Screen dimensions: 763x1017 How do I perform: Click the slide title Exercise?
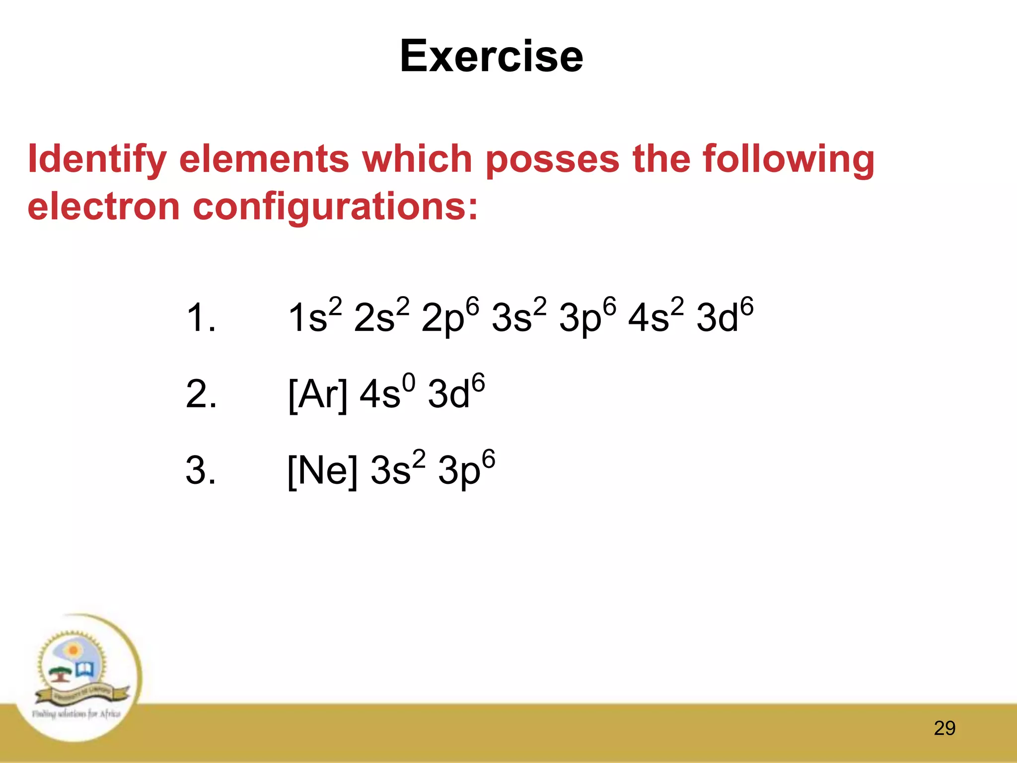pos(491,56)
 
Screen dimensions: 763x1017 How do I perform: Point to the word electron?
pos(103,207)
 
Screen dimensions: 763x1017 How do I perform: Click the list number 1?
pos(201,318)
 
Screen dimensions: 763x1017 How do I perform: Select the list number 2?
pos(201,394)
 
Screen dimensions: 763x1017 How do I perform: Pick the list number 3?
pos(201,470)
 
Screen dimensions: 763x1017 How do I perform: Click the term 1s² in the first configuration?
pos(315,316)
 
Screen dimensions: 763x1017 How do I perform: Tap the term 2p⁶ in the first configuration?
pos(450,317)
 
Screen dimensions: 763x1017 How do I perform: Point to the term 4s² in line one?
pos(656,316)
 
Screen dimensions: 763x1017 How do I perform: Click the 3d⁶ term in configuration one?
pos(725,316)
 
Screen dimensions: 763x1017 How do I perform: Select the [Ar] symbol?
pos(318,394)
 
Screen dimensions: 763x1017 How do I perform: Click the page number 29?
pos(944,728)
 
